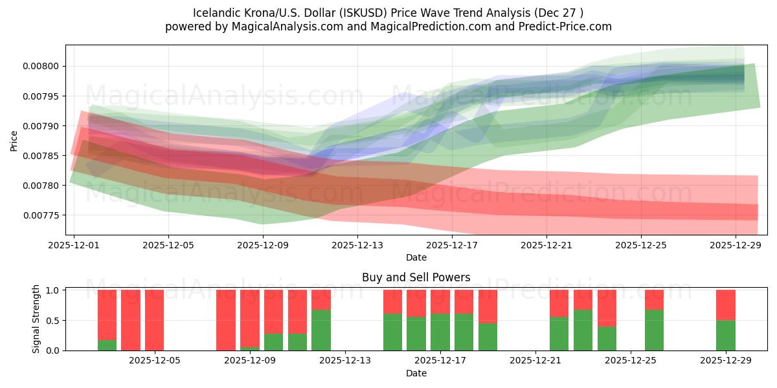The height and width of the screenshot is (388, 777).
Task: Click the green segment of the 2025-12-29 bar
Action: click(x=725, y=335)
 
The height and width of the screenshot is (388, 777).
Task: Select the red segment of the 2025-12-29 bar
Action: click(x=725, y=305)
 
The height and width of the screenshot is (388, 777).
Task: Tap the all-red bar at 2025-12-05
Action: click(x=154, y=320)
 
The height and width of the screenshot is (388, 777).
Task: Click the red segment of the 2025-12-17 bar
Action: click(x=440, y=301)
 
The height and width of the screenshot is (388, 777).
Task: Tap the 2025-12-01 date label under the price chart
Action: click(x=74, y=245)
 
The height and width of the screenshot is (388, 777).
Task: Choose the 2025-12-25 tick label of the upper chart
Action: click(x=641, y=245)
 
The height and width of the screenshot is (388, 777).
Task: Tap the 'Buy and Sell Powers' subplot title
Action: click(x=416, y=277)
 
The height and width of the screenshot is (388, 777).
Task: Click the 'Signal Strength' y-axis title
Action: click(x=36, y=319)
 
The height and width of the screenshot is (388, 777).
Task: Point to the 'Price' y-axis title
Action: click(x=14, y=140)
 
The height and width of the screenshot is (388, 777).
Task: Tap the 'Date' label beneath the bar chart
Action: click(x=416, y=374)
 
